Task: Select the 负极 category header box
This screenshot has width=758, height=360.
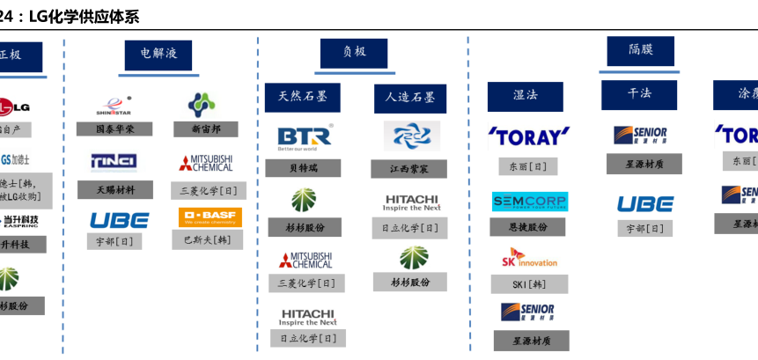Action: pos(354,52)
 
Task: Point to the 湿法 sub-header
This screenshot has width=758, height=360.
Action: pos(526,95)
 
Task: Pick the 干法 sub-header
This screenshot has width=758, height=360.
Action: pos(639,93)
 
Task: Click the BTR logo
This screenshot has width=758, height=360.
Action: pos(305,136)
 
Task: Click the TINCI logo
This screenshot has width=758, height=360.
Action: pos(114,161)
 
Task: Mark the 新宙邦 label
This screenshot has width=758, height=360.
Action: pos(205,129)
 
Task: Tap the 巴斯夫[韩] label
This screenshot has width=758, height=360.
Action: pos(207,239)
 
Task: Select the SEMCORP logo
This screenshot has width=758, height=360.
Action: pos(529,202)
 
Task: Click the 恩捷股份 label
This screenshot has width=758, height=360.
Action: pos(529,227)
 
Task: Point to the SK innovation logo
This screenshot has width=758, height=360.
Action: pos(529,258)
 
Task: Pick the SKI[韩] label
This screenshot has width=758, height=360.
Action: pos(529,284)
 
